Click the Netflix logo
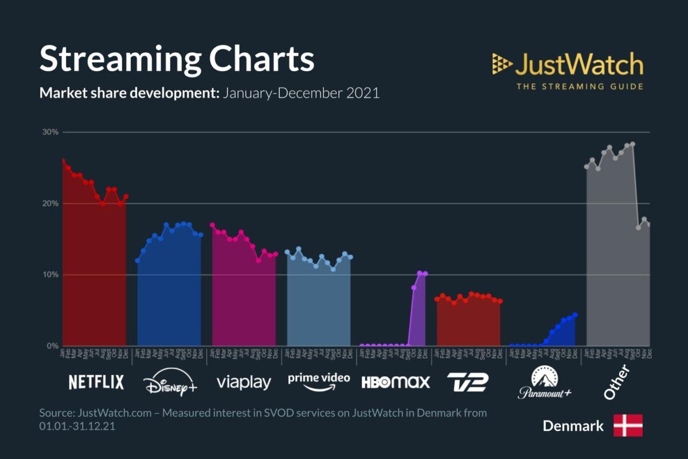pos(96,383)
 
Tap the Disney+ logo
pos(170,383)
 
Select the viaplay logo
pos(244,383)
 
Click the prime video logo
pos(319,381)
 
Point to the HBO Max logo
pos(395,383)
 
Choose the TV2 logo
pos(467,382)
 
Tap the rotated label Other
pos(616,382)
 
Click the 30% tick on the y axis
pos(50,132)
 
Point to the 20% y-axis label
pos(50,204)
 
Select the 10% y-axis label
pos(50,275)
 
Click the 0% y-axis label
pos(52,346)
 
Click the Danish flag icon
pos(628,426)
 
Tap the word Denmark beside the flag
pos(573,426)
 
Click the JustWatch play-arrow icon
pos(501,64)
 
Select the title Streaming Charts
pos(177,59)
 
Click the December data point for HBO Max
pos(425,274)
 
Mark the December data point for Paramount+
pos(575,315)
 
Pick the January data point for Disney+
pos(138,260)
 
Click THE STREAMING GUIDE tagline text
pos(579,87)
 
